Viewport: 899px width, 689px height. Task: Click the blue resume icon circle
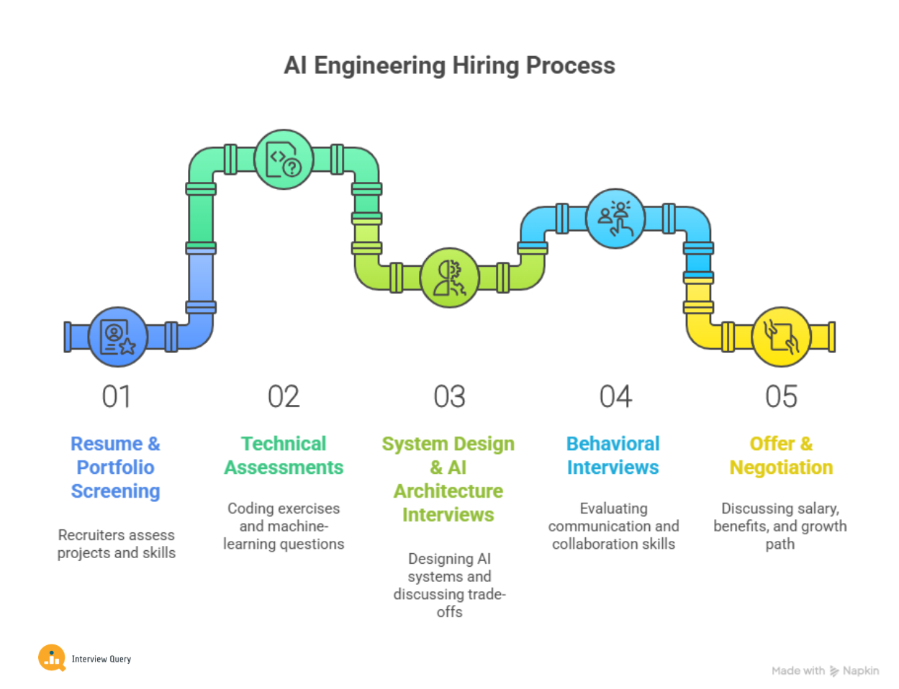click(x=118, y=337)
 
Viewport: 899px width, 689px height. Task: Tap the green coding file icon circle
click(x=284, y=160)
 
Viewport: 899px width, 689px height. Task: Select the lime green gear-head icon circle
click(x=449, y=278)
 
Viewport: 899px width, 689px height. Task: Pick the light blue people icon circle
click(x=615, y=219)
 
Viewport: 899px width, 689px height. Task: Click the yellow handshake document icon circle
click(x=781, y=337)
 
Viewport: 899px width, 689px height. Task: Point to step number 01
click(x=117, y=397)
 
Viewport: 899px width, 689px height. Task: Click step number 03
click(x=449, y=397)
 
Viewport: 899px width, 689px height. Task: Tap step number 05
click(x=781, y=397)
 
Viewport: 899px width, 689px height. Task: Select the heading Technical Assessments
click(x=284, y=455)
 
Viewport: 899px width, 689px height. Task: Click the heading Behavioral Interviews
click(x=613, y=455)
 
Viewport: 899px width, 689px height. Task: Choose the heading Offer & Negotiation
click(x=781, y=455)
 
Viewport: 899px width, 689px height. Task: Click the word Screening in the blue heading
click(x=116, y=491)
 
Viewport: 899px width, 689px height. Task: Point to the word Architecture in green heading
click(x=448, y=491)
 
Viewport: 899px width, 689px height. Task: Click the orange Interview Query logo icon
click(x=52, y=657)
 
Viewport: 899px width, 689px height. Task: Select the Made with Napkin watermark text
click(x=825, y=671)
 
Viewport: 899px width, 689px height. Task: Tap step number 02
click(x=284, y=397)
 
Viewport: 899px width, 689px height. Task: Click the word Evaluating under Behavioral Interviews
click(x=613, y=508)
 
